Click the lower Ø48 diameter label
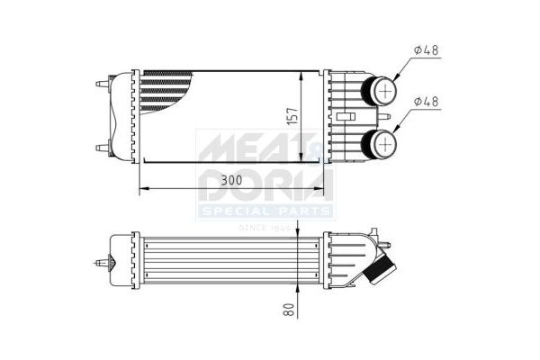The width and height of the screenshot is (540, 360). [x=427, y=102]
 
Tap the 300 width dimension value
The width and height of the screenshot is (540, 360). [x=232, y=180]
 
